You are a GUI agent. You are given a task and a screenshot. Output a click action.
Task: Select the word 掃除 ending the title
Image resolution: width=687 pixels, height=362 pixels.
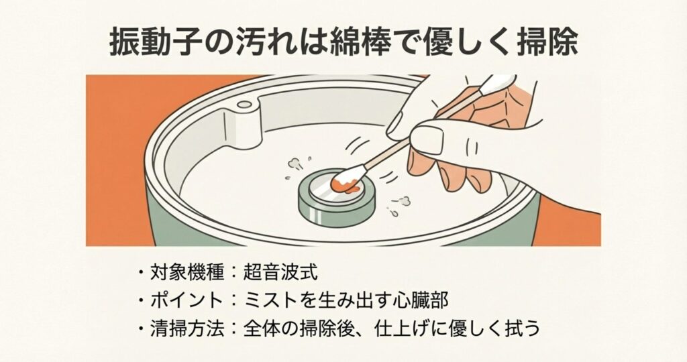(544, 45)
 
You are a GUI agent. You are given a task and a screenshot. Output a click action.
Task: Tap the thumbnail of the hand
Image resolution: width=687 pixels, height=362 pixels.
(427, 139)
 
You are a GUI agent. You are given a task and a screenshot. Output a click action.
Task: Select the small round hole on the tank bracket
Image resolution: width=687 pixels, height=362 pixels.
(244, 104)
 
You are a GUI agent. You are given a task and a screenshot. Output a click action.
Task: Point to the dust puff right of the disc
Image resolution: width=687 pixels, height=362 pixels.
(401, 202)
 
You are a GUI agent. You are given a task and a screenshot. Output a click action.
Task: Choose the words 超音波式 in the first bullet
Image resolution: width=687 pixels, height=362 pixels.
(280, 272)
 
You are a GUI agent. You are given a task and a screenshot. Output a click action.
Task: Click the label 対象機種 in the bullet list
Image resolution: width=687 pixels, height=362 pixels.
(187, 272)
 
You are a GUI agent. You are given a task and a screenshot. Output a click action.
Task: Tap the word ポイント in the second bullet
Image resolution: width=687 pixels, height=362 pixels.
(187, 300)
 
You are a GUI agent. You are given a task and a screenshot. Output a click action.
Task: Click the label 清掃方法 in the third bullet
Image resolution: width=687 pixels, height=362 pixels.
(187, 328)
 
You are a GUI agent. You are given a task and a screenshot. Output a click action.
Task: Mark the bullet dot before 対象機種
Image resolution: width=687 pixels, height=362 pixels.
(141, 273)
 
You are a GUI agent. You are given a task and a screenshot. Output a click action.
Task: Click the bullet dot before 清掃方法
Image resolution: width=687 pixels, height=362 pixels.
(141, 328)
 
